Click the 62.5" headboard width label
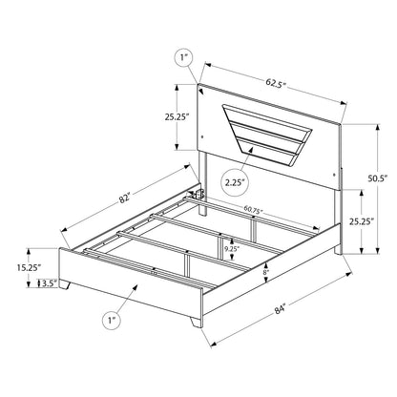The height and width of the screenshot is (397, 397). click(276, 83)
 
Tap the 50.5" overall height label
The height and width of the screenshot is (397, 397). click(377, 178)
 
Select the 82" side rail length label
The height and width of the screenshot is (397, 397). click(124, 198)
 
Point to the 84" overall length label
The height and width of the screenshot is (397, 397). click(281, 309)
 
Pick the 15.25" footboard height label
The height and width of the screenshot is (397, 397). click(30, 268)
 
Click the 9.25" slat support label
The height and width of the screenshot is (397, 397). click(231, 249)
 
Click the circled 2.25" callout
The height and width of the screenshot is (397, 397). click(235, 182)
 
